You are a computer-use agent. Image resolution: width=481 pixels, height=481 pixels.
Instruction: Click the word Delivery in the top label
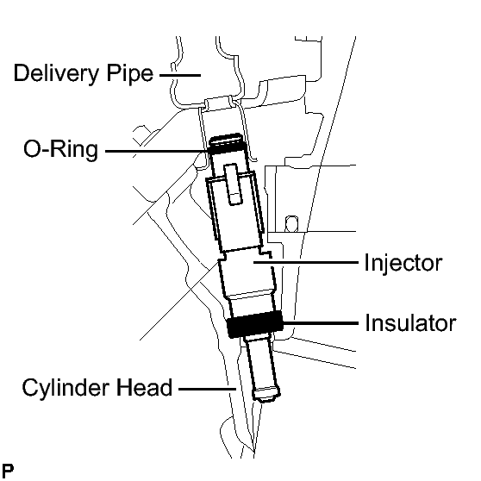coord(57,73)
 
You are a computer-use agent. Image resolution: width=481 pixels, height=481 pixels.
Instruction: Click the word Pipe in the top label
coord(130,73)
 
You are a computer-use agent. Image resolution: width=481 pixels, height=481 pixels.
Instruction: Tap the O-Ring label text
coord(60,150)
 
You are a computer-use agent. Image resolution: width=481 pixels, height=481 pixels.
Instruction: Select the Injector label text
coord(403,264)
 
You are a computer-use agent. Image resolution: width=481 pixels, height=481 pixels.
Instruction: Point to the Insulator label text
coord(410,323)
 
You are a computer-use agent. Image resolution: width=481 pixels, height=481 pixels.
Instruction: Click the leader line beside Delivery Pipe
coord(180,75)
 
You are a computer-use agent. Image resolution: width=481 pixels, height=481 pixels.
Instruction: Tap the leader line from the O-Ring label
coord(157,151)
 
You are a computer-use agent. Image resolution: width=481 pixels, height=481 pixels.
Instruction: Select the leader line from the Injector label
coord(306,262)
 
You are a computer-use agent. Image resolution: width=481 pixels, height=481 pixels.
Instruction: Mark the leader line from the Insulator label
coord(320,323)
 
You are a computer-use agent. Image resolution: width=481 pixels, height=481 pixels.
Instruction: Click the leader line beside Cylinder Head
coord(207,389)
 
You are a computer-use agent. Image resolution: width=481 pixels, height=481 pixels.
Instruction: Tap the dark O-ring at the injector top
coord(226,149)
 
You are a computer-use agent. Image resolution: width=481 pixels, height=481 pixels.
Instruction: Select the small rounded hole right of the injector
coord(291,223)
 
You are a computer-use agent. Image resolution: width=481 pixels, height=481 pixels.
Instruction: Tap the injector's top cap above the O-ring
coord(226,139)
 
